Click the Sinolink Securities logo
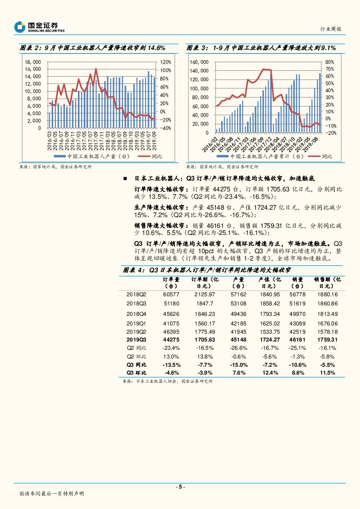[39, 27]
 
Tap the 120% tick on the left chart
[166, 62]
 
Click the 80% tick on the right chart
[330, 62]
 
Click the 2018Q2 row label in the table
[136, 295]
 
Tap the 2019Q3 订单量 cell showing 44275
[171, 339]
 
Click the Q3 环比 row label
[136, 373]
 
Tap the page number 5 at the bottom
[179, 487]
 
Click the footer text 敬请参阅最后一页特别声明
[52, 494]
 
